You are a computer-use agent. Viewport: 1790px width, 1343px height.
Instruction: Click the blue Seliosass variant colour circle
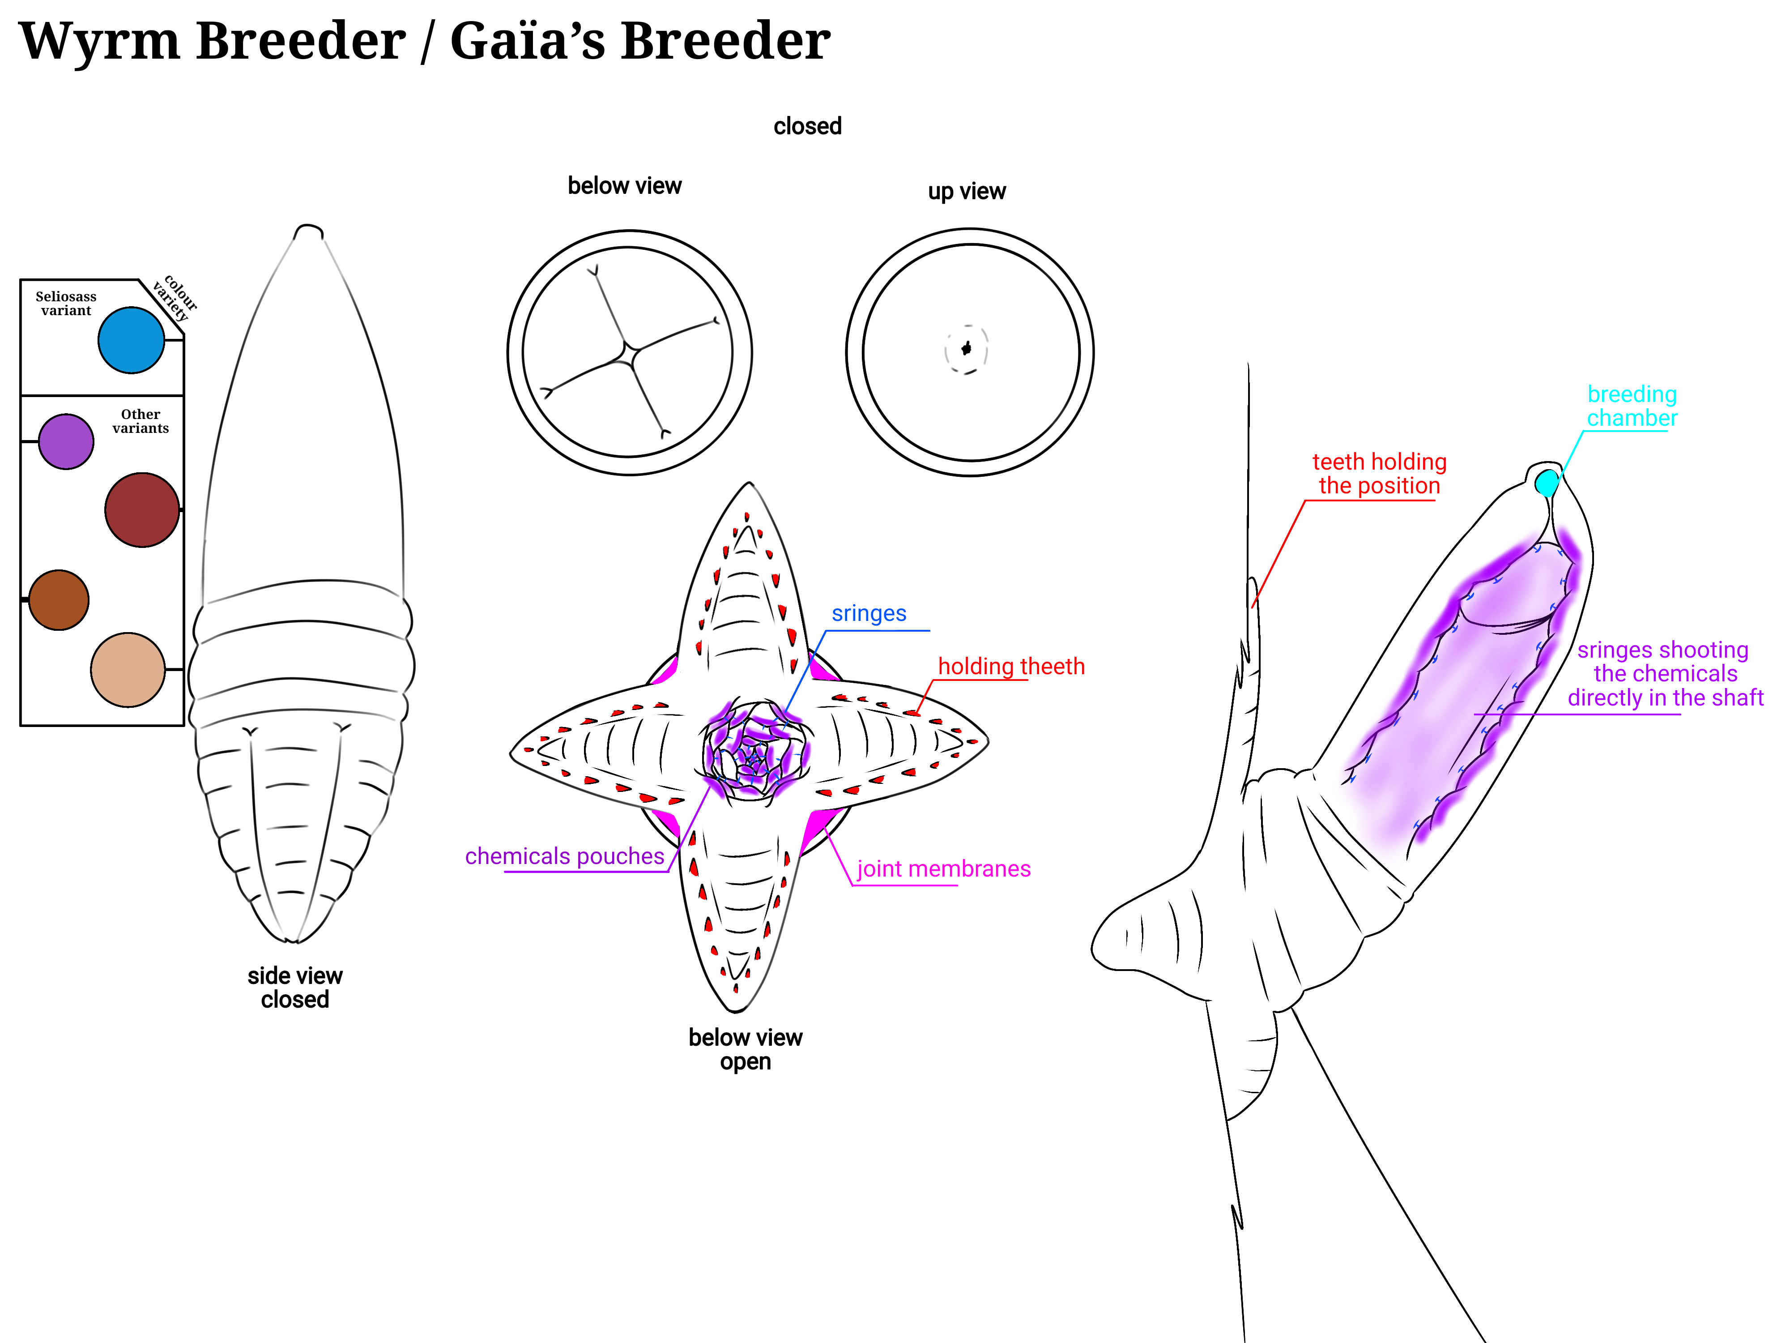point(131,340)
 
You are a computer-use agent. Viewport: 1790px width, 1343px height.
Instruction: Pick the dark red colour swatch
point(141,510)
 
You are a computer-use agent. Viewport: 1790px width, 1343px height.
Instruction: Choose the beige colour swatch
point(128,669)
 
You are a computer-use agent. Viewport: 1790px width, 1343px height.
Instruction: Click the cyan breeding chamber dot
point(1547,483)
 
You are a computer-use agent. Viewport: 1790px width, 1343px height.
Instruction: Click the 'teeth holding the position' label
point(1379,474)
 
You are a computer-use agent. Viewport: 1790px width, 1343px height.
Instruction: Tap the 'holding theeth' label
point(1011,666)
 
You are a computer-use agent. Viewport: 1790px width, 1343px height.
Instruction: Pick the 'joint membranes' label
point(943,868)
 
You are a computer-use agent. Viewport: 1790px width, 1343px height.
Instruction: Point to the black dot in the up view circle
point(965,349)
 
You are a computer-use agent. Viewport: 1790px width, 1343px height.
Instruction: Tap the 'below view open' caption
point(745,1049)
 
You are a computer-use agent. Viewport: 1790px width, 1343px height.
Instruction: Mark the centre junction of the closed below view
point(630,352)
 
